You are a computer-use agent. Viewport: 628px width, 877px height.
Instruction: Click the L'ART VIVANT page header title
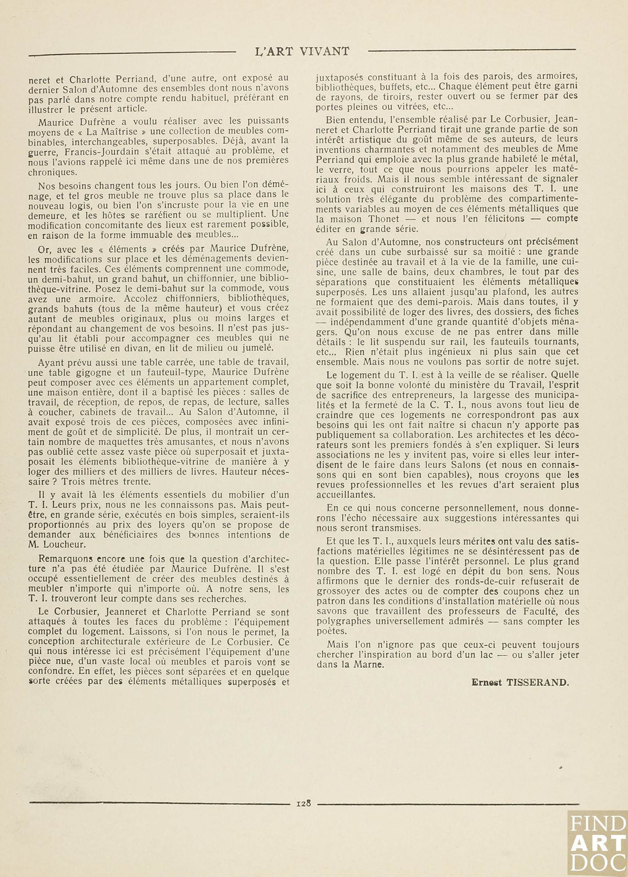pos(302,51)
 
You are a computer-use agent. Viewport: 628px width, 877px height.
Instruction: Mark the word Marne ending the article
pos(375,665)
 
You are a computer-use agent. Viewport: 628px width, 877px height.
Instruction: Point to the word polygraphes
pos(341,621)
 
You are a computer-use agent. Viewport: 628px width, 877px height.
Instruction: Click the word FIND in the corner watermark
pos(599,823)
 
